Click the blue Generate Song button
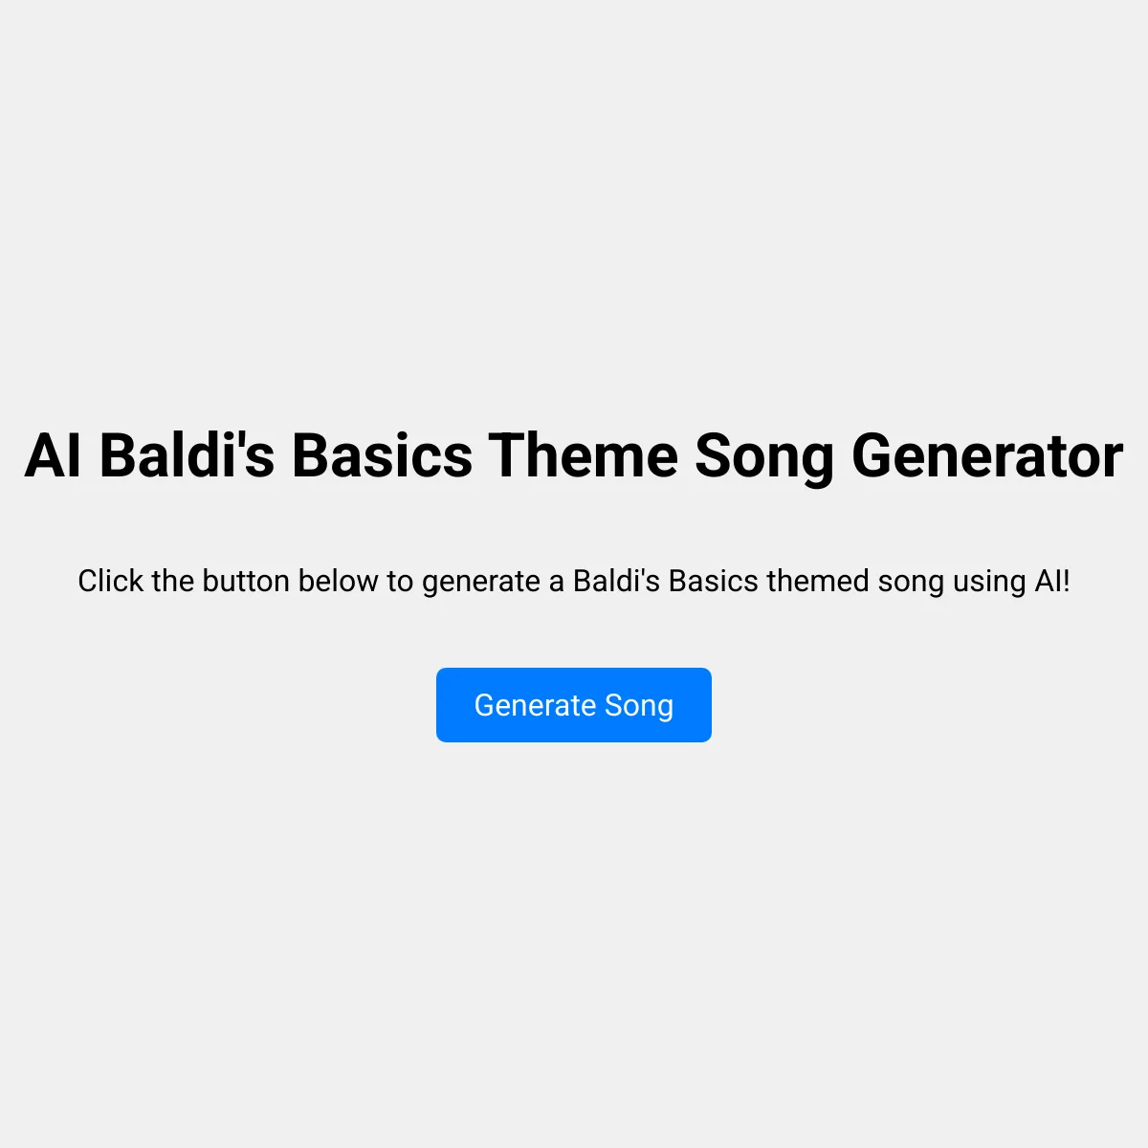point(574,705)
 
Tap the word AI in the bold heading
point(53,455)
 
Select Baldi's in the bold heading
point(188,455)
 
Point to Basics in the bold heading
point(382,455)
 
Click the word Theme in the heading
point(584,455)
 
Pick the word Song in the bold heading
point(765,459)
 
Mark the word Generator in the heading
point(987,455)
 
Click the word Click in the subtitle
point(110,581)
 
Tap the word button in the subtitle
point(246,581)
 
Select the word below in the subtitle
point(338,581)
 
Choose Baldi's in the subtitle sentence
point(616,581)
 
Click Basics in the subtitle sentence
point(713,581)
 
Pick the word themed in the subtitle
point(818,581)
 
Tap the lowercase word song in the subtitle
point(911,584)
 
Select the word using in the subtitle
point(989,584)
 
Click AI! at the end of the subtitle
point(1052,581)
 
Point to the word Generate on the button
point(535,705)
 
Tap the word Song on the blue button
point(639,707)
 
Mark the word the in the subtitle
point(173,581)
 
